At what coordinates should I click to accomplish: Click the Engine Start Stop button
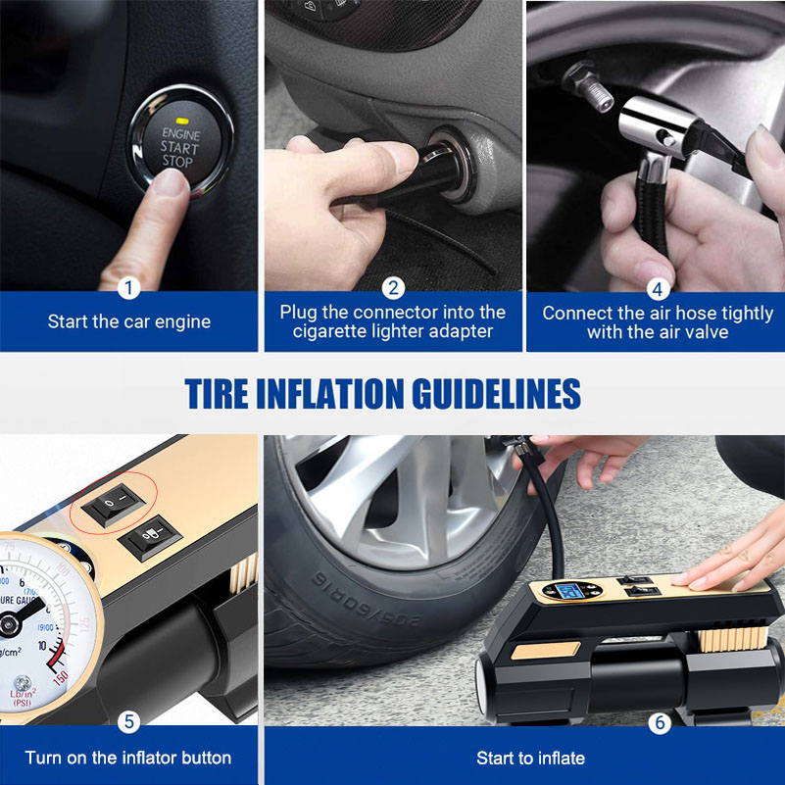pyautogui.click(x=178, y=147)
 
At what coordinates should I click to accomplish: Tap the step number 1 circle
pyautogui.click(x=129, y=288)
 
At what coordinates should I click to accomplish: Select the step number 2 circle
pyautogui.click(x=393, y=288)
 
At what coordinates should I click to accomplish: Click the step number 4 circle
pyautogui.click(x=658, y=288)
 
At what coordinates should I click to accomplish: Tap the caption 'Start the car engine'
pyautogui.click(x=129, y=321)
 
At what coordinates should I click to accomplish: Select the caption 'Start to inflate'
pyautogui.click(x=530, y=758)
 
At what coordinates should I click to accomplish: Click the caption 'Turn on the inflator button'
pyautogui.click(x=128, y=758)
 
